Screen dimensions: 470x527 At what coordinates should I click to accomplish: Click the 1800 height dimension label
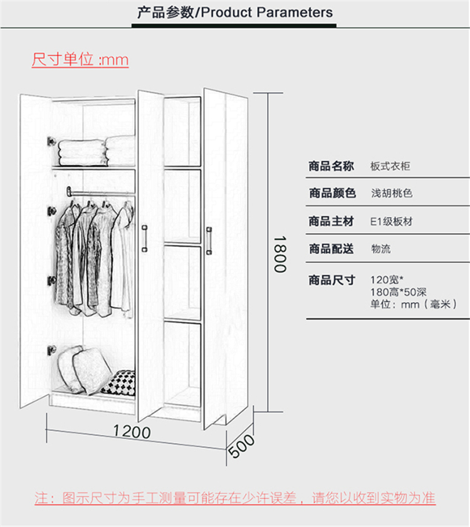coord(280,254)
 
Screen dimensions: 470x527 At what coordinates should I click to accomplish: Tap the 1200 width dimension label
coord(132,432)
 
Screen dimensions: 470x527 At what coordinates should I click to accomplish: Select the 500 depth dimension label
coord(241,446)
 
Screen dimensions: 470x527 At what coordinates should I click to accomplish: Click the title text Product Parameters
coord(266,13)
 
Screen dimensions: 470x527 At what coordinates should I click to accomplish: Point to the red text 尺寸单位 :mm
coord(80,60)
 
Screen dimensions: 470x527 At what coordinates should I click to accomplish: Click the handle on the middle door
coord(145,238)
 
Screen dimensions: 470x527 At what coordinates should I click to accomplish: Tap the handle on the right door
coord(209,241)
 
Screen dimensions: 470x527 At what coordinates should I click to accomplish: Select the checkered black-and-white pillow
coord(119,383)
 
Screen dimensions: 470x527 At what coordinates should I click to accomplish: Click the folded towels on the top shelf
coord(97,151)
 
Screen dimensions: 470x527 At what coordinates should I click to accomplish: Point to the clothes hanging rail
coord(101,192)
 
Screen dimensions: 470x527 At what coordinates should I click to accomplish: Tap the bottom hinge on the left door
coord(52,350)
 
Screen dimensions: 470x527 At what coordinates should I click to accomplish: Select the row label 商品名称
coord(331,166)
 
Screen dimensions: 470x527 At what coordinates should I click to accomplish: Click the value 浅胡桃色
coord(392,193)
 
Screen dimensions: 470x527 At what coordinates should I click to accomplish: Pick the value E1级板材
coord(391,221)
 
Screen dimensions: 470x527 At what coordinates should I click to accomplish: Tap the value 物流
coord(381,249)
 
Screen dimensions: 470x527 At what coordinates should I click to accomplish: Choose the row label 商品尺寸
coord(332,280)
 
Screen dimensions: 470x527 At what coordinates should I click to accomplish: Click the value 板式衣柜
coord(390,166)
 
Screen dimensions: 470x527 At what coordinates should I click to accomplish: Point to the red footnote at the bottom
coord(234,498)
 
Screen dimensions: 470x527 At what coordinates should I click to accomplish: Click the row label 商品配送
coord(331,249)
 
